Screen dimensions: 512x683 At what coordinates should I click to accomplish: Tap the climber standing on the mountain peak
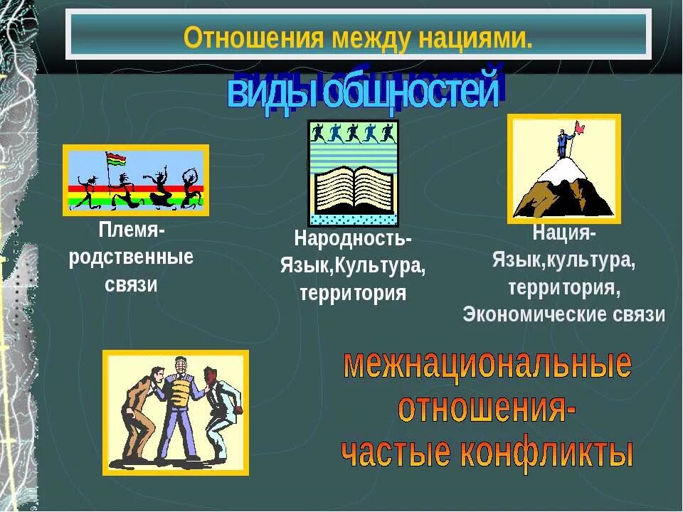[563, 144]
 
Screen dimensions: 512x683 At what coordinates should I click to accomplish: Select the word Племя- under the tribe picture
[132, 232]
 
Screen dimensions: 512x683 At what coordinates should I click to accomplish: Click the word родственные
[132, 258]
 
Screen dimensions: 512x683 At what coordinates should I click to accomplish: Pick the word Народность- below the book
[353, 238]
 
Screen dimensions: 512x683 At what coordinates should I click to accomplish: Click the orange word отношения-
[487, 409]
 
